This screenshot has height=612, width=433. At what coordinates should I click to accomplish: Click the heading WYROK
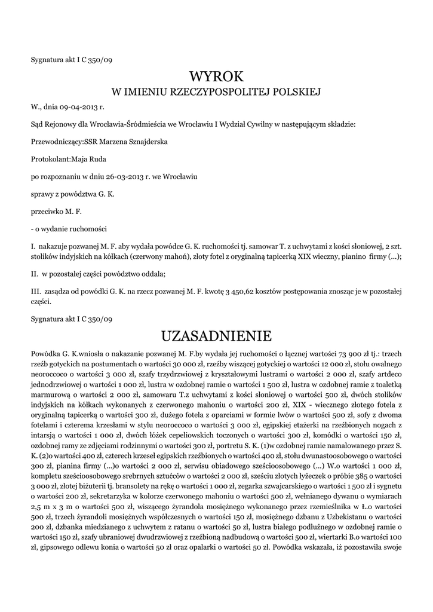216,76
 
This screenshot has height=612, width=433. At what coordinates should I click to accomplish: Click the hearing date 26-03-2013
121,177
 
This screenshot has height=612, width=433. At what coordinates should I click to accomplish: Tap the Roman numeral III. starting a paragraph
35,291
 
